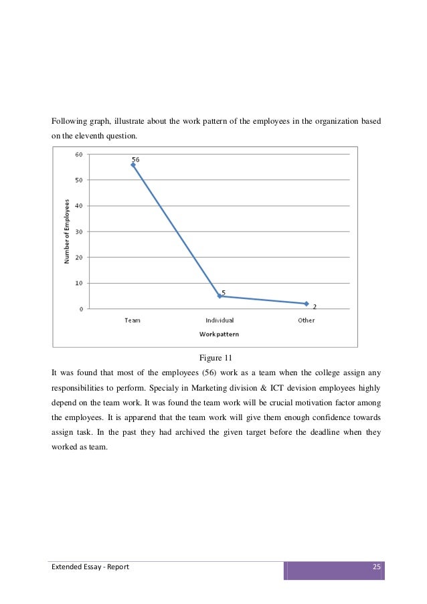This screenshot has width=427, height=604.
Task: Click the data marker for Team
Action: [x=133, y=165]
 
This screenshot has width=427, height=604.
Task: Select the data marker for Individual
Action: [x=220, y=296]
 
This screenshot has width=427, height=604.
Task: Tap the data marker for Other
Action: [x=306, y=304]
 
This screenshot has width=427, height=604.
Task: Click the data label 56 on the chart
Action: [x=135, y=160]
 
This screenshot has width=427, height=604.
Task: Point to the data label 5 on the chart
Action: [x=223, y=292]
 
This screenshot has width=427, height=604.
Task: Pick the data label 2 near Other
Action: [x=315, y=307]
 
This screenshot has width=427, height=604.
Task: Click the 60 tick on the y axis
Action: [x=78, y=154]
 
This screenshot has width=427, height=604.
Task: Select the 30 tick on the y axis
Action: [x=78, y=231]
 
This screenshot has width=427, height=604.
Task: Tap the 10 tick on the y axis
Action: [x=78, y=283]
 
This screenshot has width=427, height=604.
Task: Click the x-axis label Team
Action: [x=133, y=320]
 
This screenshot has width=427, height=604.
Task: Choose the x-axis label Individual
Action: [x=219, y=320]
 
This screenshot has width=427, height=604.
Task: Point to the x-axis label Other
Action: [x=306, y=320]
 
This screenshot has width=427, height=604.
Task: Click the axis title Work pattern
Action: [x=219, y=333]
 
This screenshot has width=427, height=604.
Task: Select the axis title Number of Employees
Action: [x=67, y=230]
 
